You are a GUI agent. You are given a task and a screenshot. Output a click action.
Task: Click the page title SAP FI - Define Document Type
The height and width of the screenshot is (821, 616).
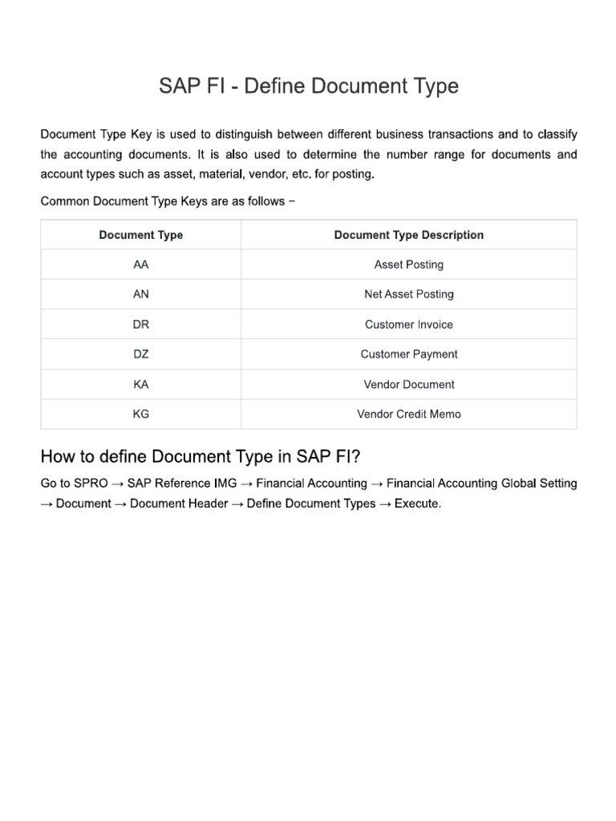coord(309,86)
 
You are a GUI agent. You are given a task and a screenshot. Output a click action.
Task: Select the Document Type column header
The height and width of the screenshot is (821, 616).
coord(141,235)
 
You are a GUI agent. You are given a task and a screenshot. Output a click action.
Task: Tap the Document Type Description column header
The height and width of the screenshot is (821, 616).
coord(408,235)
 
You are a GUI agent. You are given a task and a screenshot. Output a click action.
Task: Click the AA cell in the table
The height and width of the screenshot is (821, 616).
coord(141,265)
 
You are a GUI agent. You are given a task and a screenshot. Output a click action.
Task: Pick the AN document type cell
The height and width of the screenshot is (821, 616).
coord(141,294)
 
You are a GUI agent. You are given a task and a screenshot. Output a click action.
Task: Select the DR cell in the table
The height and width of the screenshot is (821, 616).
coord(141,325)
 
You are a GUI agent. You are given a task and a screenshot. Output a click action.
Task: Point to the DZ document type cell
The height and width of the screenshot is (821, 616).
coord(141,354)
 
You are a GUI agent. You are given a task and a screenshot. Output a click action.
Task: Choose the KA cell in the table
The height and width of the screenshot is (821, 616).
coord(141,385)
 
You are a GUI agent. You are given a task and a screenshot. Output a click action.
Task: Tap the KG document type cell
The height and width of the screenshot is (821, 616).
coord(141,415)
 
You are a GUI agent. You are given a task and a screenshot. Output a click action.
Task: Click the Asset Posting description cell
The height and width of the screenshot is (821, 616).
coord(408,265)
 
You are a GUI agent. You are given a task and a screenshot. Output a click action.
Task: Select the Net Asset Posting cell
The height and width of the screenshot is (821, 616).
coord(408,294)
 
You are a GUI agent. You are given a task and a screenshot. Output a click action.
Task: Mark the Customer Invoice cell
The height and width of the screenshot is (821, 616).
coord(408,325)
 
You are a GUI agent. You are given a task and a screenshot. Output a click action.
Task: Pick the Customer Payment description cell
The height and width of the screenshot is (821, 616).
coord(408,354)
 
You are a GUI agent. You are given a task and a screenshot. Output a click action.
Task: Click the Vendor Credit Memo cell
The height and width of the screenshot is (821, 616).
coord(408,415)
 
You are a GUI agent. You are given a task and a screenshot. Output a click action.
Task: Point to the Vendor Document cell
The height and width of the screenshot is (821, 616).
coord(408,385)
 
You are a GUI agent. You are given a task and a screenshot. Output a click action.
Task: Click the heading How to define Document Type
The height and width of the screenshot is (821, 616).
coord(201,457)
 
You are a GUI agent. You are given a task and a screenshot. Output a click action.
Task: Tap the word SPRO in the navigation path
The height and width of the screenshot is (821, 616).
coord(91,483)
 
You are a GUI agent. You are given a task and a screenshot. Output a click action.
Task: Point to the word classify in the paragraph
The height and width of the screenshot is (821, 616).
coord(555,134)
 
